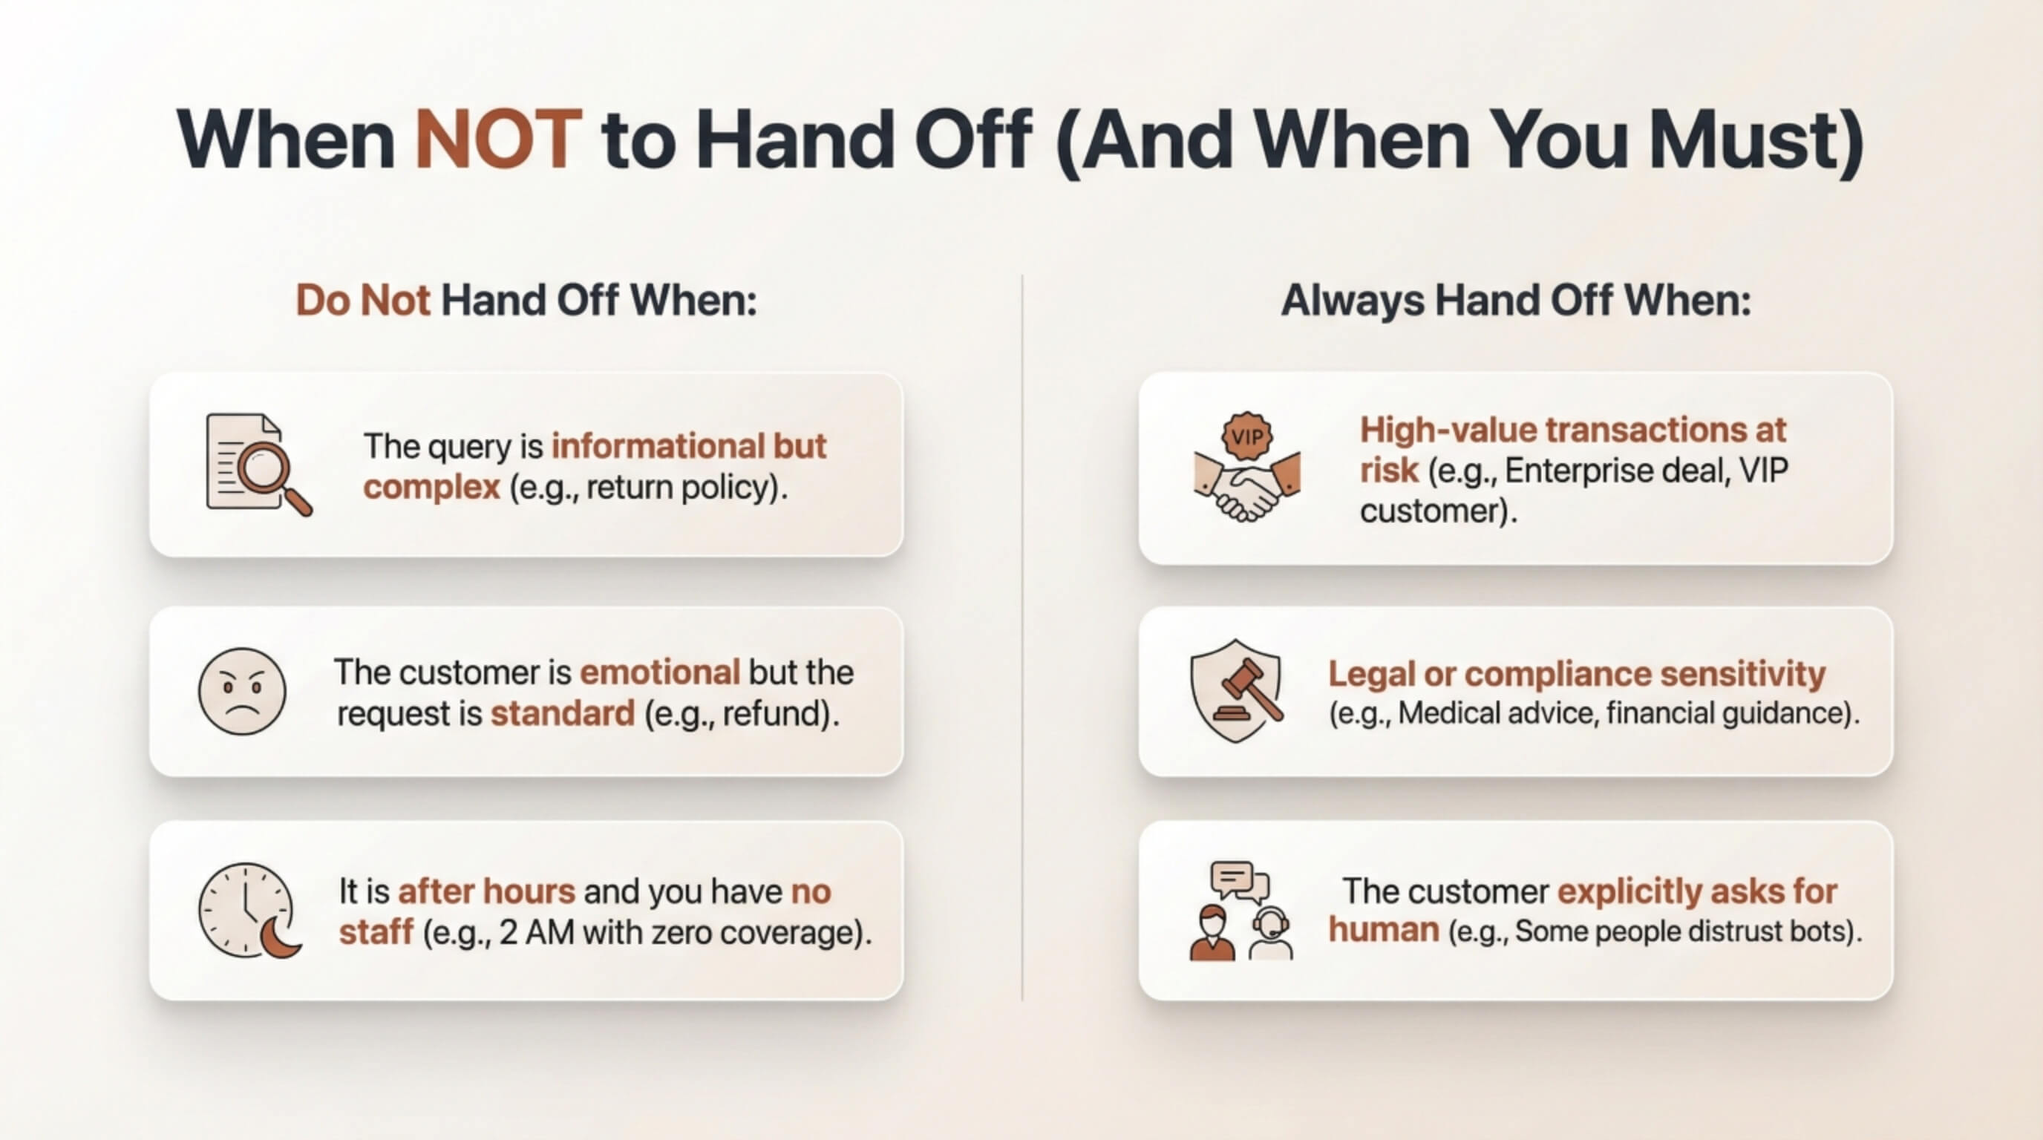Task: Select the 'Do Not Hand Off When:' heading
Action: point(526,301)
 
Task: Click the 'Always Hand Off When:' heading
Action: point(1516,301)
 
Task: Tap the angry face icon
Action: point(242,691)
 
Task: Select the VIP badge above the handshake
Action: point(1247,435)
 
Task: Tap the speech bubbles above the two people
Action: point(1240,882)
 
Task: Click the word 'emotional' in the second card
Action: point(660,672)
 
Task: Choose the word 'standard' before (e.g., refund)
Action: point(562,713)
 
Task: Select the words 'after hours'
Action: point(486,891)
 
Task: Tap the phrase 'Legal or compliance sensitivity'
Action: point(1577,675)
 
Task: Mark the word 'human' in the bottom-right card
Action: point(1384,930)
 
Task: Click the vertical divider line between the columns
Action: point(1021,638)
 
